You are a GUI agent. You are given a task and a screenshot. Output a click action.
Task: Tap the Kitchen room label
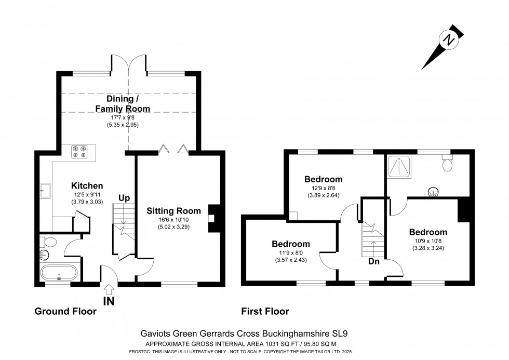click(x=87, y=185)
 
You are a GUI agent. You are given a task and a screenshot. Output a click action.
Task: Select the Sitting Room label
click(x=173, y=210)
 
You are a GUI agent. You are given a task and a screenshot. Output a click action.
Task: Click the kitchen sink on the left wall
click(x=45, y=190)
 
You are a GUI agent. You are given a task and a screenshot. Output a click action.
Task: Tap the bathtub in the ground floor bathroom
click(x=58, y=273)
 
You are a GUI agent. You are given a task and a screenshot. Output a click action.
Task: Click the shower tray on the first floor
click(x=400, y=166)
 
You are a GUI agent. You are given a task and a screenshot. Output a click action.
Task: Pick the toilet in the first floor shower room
click(x=447, y=164)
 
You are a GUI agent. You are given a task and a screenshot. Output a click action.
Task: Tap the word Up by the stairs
click(x=125, y=198)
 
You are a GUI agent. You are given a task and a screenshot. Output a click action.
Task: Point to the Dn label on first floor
click(x=374, y=261)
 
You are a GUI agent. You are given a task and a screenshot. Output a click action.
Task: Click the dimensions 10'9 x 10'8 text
click(x=427, y=241)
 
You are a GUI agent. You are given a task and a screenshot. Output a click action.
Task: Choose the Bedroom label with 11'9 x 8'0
click(x=291, y=244)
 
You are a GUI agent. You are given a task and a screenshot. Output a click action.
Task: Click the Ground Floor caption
click(x=65, y=311)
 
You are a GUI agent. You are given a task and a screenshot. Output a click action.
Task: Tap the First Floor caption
click(x=265, y=311)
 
